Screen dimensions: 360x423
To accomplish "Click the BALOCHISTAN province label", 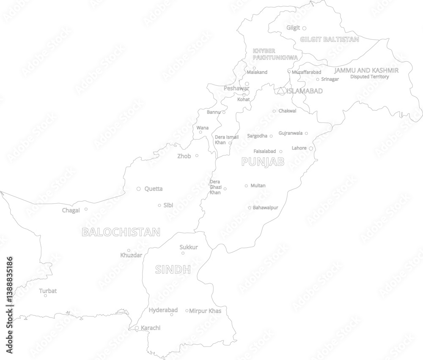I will (121, 232).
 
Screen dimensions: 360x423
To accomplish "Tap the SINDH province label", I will (173, 270).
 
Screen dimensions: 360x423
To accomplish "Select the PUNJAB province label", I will (262, 161).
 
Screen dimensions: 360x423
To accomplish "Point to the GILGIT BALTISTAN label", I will (330, 39).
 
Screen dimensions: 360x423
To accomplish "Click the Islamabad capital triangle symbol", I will (281, 90).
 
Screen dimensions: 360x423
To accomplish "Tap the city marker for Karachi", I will (137, 328).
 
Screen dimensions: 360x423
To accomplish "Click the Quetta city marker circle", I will (138, 189).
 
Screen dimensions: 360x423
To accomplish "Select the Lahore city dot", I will (311, 148).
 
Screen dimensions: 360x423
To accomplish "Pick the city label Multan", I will (258, 185).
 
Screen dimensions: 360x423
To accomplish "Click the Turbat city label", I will (48, 291).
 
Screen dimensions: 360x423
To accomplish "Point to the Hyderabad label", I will (163, 310).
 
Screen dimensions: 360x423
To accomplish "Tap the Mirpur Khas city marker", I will (187, 311).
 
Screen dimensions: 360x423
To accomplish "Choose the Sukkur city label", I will (189, 247).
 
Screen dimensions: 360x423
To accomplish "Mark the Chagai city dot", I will (86, 209).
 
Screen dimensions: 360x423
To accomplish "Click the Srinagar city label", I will (330, 79).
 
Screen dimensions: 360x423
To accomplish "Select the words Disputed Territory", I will (369, 77).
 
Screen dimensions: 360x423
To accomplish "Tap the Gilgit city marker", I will (304, 28).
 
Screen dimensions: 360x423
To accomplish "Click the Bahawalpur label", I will (265, 207).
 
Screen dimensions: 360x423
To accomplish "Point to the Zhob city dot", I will (197, 155).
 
